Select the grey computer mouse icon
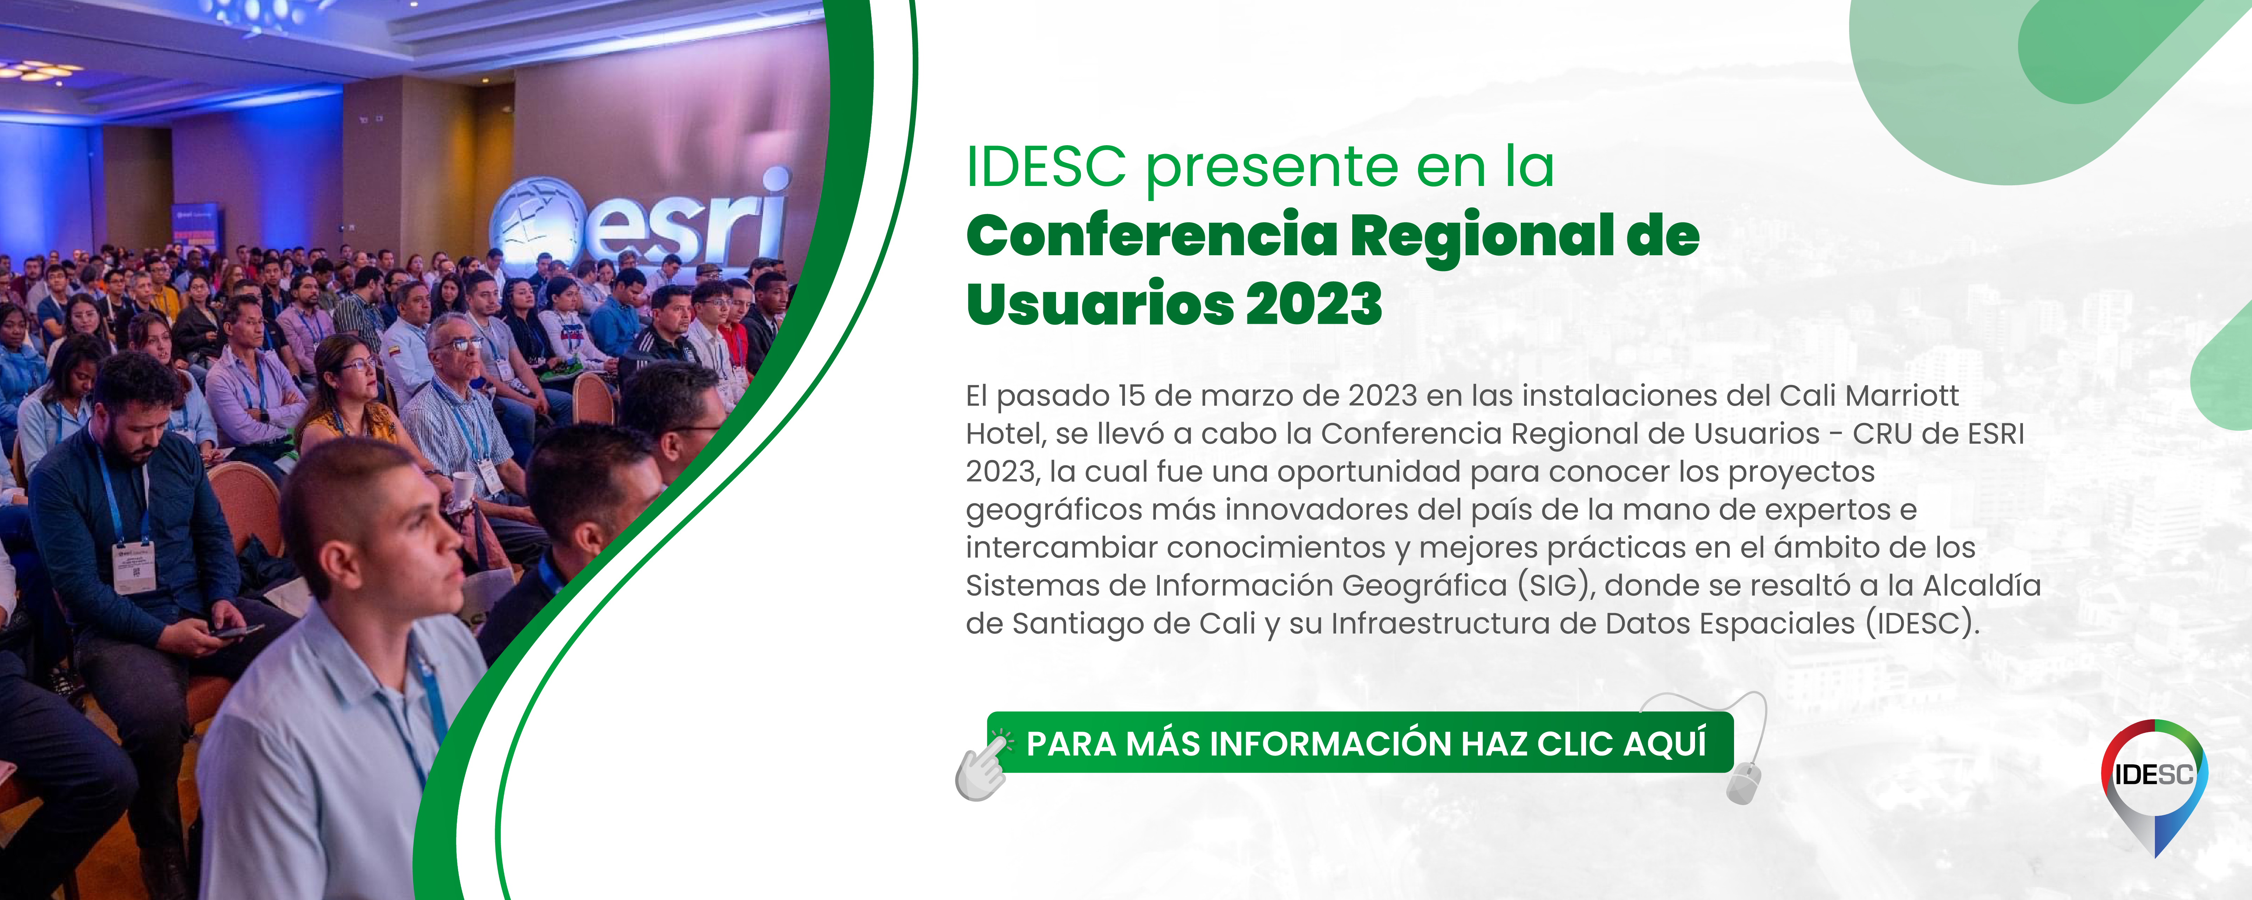1742,782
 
